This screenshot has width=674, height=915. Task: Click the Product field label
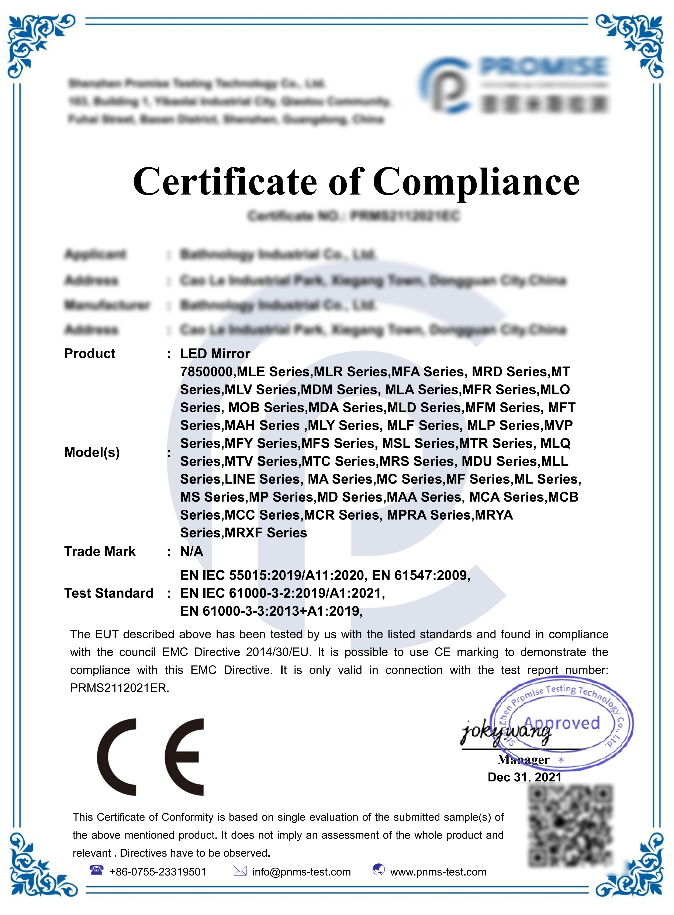coord(90,353)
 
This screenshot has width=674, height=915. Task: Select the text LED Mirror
coord(215,353)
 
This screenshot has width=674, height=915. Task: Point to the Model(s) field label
coord(92,452)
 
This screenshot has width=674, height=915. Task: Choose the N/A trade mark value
coord(191,551)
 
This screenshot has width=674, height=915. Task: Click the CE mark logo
coord(150,757)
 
